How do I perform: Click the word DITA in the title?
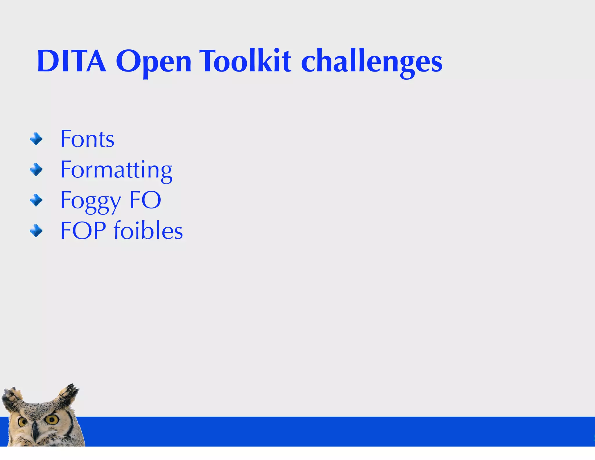(x=71, y=61)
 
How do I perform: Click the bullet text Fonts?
(x=87, y=139)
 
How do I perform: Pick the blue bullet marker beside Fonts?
(x=36, y=139)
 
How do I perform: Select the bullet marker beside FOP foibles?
(x=36, y=231)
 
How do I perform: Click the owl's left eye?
(x=22, y=422)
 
